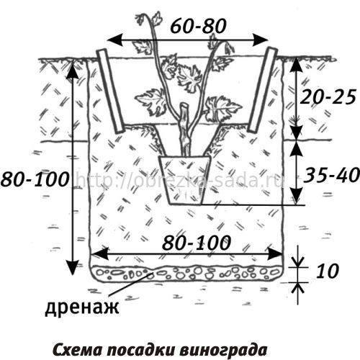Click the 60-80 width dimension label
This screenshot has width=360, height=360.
point(198,26)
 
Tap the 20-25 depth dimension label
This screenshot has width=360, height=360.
point(328,97)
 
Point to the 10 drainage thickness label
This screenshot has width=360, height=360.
point(327,271)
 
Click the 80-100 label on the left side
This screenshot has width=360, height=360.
point(35,179)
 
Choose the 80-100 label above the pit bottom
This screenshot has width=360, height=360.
point(197,243)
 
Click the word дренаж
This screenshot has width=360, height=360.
point(82,307)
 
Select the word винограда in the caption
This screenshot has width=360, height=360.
point(223,351)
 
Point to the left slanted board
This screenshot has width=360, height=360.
point(110,91)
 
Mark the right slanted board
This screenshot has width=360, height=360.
point(262,90)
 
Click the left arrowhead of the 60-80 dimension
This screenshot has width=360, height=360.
point(114,40)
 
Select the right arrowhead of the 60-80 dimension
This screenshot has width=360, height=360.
point(260,40)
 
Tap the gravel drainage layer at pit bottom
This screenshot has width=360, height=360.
point(186,273)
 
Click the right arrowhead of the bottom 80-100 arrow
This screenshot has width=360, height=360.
point(274,253)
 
